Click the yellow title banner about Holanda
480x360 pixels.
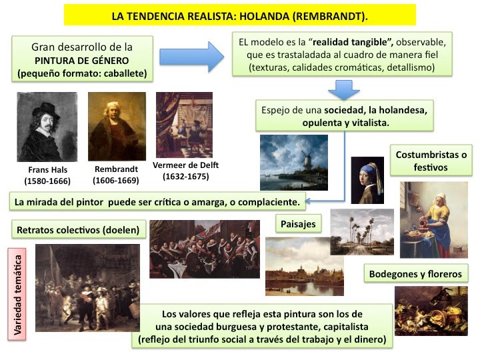tap(240, 15)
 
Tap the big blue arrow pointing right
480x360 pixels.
tap(191, 57)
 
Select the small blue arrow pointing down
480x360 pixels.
tap(344, 90)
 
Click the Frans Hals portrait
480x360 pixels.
tap(47, 127)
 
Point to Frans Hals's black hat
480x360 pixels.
tap(47, 111)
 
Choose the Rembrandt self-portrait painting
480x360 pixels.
tap(117, 127)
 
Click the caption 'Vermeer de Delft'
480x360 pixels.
tap(185, 165)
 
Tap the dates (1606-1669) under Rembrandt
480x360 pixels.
tap(116, 180)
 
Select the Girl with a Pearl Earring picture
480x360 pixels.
tap(367, 180)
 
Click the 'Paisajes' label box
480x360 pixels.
tap(298, 224)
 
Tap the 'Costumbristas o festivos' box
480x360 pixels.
tap(431, 161)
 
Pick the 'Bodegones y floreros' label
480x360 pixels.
tap(416, 274)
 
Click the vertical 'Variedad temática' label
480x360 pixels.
tap(17, 295)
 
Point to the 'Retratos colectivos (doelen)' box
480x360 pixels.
tap(79, 230)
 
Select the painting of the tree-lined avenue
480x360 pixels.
tap(362, 232)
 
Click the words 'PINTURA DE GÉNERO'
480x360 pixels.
tap(82, 61)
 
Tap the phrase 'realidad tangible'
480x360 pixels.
tap(351, 42)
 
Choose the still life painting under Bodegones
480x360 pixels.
tap(431, 311)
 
